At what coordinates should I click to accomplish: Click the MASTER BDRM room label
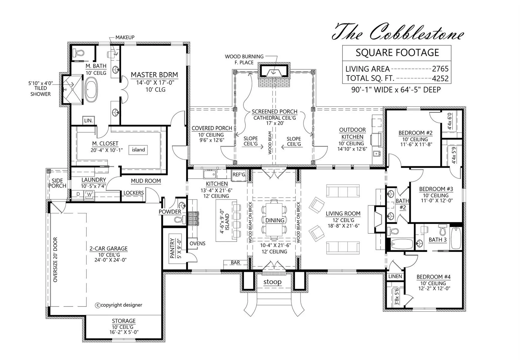pos(154,75)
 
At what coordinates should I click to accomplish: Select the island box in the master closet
pos(138,150)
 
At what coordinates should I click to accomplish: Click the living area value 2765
pos(440,69)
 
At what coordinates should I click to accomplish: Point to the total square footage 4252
pos(440,79)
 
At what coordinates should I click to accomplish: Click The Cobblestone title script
pos(398,32)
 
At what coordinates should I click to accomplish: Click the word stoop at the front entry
pos(272,282)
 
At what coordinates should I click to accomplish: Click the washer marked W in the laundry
pos(89,194)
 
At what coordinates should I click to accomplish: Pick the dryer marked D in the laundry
pos(78,194)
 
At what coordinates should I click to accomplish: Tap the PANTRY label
pos(172,248)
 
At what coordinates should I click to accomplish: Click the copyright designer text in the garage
pos(119,305)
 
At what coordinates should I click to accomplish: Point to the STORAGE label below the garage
pos(124,321)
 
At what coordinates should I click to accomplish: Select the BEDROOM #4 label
pos(433,277)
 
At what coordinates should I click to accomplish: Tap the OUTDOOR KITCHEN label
pos(352,133)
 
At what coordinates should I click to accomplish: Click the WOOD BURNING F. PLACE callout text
pos(244,59)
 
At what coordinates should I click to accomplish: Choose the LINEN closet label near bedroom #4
pos(395,276)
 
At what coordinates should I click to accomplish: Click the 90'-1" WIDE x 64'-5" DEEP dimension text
pos(396,90)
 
